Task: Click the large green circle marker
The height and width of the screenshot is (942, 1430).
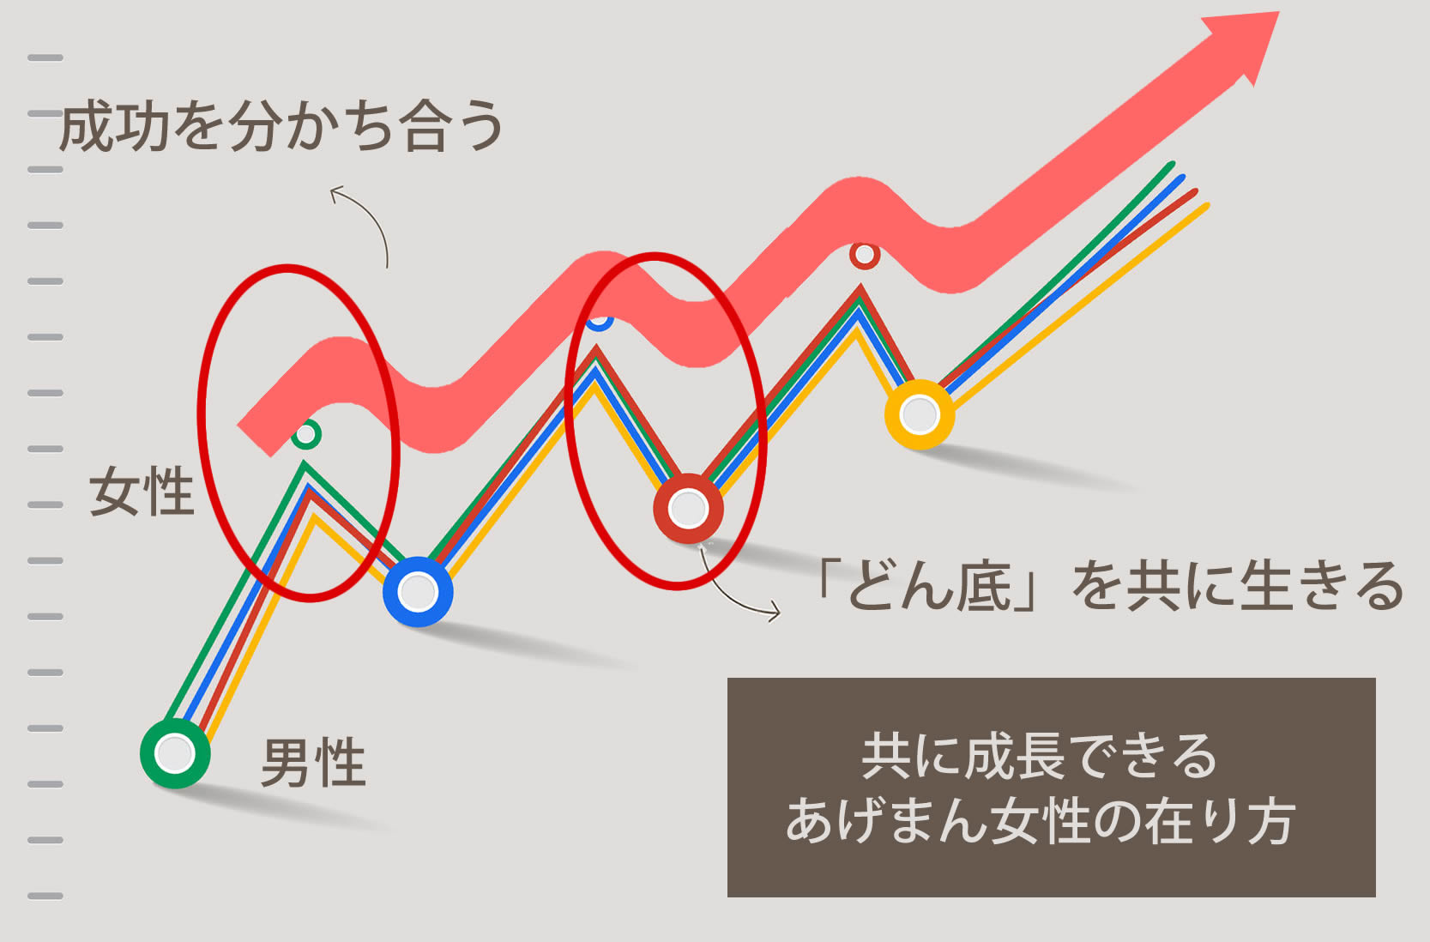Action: tap(175, 753)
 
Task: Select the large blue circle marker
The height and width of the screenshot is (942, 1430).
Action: tap(418, 592)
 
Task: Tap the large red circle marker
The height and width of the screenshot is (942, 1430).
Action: tap(688, 509)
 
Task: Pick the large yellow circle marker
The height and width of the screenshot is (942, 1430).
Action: tap(920, 414)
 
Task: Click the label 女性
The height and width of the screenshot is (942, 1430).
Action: tap(141, 491)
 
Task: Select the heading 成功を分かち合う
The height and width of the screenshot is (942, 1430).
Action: tap(281, 126)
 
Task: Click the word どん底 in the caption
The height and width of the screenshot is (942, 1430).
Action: tap(929, 586)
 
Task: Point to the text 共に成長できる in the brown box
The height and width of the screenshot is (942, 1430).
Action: tap(1040, 756)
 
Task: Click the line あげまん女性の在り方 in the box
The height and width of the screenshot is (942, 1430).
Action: tap(1041, 821)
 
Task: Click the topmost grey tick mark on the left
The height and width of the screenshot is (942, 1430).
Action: tap(45, 57)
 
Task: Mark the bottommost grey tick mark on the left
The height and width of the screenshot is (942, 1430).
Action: tap(45, 896)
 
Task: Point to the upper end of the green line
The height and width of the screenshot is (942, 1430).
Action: tap(1172, 165)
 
